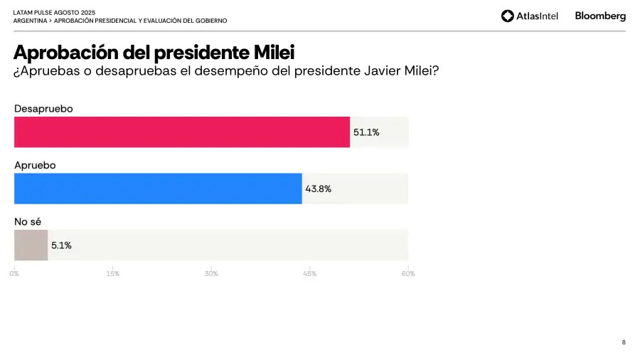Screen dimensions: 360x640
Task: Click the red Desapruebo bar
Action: pos(182,132)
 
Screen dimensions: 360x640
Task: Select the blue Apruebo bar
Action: pos(158,189)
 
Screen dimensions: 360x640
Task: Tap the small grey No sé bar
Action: pos(31,245)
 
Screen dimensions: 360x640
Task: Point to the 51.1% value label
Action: pos(366,132)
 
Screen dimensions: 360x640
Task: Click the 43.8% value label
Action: pos(318,189)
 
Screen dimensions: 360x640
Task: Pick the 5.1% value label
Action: pos(61,245)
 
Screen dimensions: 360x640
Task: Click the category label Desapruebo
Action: pos(43,108)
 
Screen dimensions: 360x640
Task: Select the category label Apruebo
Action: pos(35,165)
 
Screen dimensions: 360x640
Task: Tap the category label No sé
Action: pos(28,222)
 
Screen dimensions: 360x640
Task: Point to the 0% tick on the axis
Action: pos(15,274)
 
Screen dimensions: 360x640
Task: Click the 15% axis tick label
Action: pos(112,274)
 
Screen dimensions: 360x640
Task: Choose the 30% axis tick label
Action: pos(211,274)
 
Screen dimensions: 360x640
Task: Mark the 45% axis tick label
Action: pos(309,274)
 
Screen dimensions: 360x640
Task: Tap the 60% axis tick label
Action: pos(407,274)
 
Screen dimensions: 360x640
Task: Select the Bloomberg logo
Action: pos(600,16)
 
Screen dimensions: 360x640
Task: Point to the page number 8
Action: pos(624,342)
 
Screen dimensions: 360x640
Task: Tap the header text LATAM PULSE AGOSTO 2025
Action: pos(54,13)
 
